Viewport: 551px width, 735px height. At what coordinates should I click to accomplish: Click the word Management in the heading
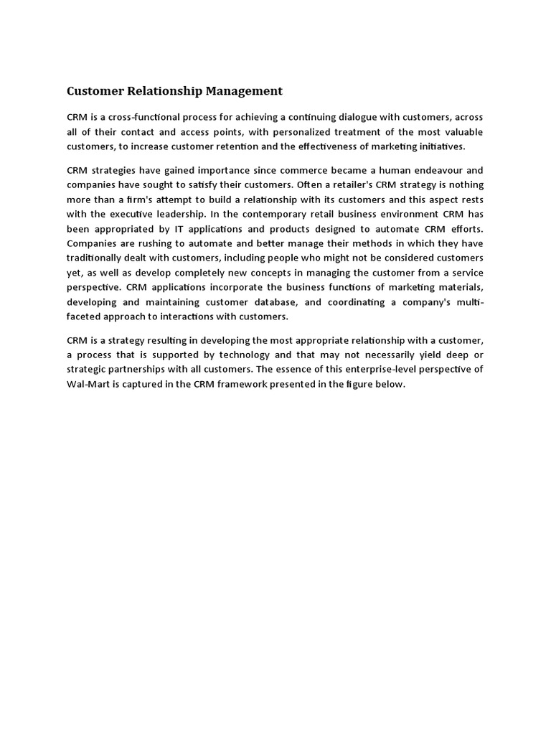(x=244, y=91)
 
